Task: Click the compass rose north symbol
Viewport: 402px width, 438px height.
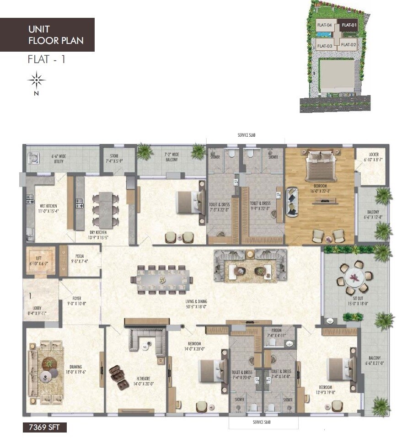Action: [x=36, y=80]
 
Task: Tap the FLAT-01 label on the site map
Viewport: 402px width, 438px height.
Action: [x=348, y=25]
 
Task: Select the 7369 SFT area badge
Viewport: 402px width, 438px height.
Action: [x=45, y=427]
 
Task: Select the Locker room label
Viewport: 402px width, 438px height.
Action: [x=371, y=158]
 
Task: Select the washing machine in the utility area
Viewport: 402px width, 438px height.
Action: [x=33, y=158]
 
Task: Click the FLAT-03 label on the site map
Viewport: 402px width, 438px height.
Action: [x=324, y=45]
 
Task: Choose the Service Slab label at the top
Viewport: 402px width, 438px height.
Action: [x=249, y=136]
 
